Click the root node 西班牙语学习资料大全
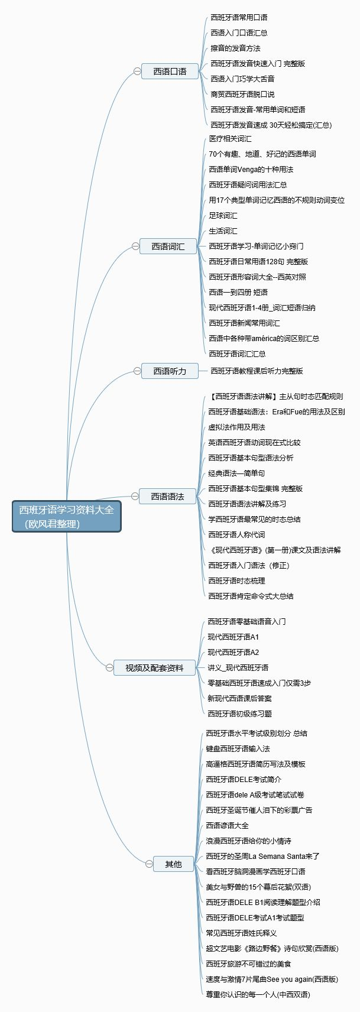[x=66, y=516]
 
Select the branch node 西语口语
[x=170, y=71]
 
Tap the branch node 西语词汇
[x=168, y=246]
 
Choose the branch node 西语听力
[x=170, y=371]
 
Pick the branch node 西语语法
[x=167, y=497]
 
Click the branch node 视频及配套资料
[x=154, y=668]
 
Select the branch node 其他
[x=173, y=864]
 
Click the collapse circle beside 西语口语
[x=137, y=71]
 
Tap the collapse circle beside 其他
[x=149, y=864]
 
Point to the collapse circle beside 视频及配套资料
[x=109, y=668]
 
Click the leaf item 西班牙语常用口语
[x=239, y=17]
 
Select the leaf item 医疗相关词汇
[x=230, y=138]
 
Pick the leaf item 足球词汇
[x=223, y=215]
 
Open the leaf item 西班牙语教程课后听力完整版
[x=257, y=371]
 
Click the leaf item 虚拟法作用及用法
[x=236, y=427]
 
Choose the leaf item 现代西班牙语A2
[x=233, y=652]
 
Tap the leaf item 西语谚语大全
[x=227, y=825]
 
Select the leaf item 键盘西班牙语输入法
[x=238, y=748]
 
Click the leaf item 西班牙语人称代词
[x=236, y=534]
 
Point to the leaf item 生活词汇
[x=223, y=231]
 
